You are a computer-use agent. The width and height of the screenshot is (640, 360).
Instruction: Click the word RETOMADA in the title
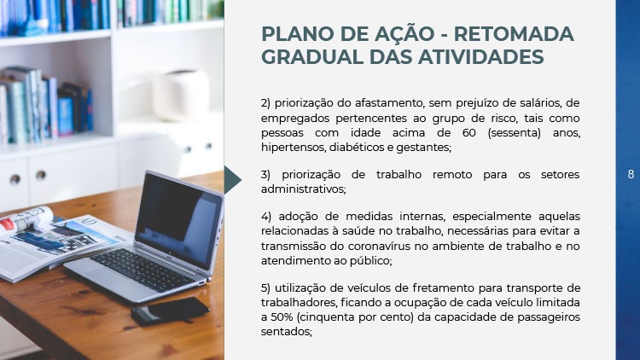coord(514,34)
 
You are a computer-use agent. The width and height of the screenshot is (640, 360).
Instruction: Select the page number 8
coord(631,174)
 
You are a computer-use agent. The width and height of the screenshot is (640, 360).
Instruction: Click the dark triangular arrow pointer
coord(232,180)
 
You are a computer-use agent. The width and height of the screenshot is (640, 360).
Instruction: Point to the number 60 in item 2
coord(469,133)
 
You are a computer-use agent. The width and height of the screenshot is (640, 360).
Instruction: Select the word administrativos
coord(303,189)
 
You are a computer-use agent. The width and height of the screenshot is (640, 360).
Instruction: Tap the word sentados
coord(286,332)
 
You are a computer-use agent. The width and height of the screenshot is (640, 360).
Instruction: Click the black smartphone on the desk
coord(170,311)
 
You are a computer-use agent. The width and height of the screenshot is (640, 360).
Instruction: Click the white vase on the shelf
coord(180,96)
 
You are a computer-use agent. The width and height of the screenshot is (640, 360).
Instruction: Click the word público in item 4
coord(370,261)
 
